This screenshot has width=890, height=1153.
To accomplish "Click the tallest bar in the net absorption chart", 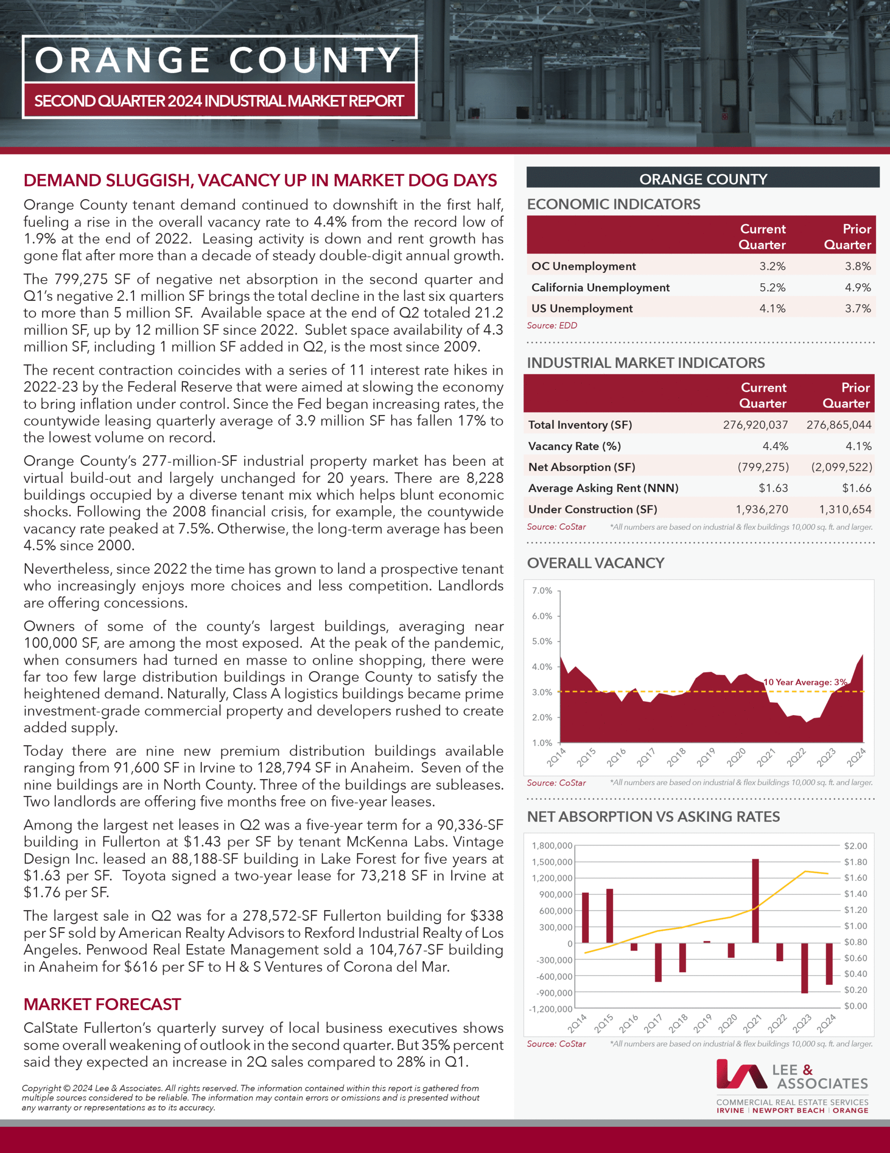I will pyautogui.click(x=755, y=901).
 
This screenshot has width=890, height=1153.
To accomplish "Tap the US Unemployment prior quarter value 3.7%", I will pyautogui.click(x=858, y=309).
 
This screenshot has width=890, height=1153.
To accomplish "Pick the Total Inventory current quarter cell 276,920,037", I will pyautogui.click(x=755, y=425).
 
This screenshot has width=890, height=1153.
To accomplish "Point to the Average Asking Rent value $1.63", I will pyautogui.click(x=773, y=488).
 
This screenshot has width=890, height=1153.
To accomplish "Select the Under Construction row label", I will pyautogui.click(x=593, y=509).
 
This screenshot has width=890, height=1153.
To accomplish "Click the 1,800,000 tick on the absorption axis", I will pyautogui.click(x=552, y=846).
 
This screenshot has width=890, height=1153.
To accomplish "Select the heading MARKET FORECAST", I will pyautogui.click(x=102, y=1004).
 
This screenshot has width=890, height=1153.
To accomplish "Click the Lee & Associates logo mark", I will pyautogui.click(x=741, y=1074).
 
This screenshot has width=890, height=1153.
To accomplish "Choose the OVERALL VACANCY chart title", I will pyautogui.click(x=596, y=563).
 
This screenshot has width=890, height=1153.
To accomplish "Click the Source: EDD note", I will pyautogui.click(x=552, y=326).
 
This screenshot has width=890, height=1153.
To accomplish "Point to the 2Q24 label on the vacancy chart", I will pyautogui.click(x=856, y=758).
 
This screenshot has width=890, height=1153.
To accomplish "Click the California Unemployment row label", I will pyautogui.click(x=600, y=288).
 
